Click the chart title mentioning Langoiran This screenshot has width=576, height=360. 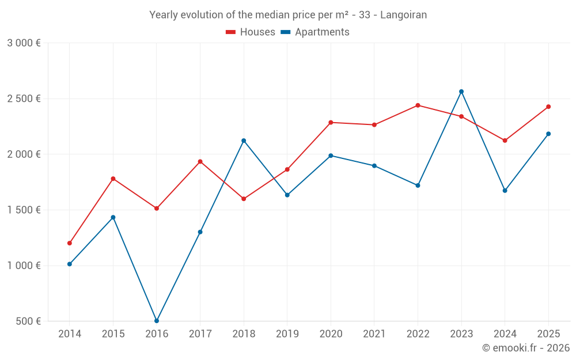pos(288,15)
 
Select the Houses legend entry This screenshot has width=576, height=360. pos(251,32)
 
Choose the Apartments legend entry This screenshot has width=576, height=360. pos(315,32)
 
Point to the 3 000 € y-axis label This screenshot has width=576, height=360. pos(24,43)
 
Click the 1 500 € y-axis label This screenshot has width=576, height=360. pos(24,210)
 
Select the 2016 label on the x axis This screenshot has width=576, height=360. pos(157,334)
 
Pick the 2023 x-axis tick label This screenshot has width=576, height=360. pos(461,334)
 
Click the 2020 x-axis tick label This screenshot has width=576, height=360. pos(331,334)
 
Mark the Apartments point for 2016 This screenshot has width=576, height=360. pos(157,321)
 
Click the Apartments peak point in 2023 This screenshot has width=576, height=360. pos(461,92)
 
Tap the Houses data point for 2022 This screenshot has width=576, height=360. pos(418,105)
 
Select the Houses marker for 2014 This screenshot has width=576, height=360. pos(70,243)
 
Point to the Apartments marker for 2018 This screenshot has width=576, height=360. pos(244,141)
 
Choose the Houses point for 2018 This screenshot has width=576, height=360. pos(244,199)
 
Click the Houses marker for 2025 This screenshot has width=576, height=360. pos(548,107)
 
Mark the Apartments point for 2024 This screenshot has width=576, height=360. pos(505,191)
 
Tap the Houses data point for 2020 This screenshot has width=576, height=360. pos(331,122)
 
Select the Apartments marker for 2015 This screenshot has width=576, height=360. pos(113,217)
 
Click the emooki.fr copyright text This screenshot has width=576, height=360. pos(526,348)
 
